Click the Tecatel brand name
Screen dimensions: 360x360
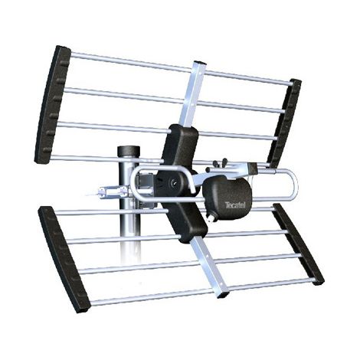pyautogui.click(x=235, y=205)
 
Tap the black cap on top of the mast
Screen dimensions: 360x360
pyautogui.click(x=129, y=152)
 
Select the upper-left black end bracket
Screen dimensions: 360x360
pyautogui.click(x=52, y=105)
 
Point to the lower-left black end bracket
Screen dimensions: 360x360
pyautogui.click(x=64, y=260)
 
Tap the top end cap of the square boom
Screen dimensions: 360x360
pyautogui.click(x=199, y=63)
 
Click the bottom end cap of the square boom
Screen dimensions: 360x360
pyautogui.click(x=222, y=295)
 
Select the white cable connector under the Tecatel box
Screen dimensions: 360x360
pyautogui.click(x=211, y=218)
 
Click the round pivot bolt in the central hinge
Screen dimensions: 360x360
pyautogui.click(x=174, y=182)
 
